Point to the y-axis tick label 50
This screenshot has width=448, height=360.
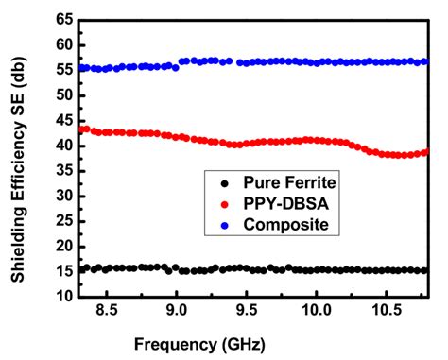(63, 94)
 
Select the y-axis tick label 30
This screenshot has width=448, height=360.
(63, 196)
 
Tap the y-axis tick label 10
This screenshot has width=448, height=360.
(63, 296)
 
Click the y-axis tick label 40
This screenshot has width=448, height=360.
(63, 146)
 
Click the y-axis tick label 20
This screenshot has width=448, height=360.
(63, 246)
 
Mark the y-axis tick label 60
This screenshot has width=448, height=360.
(63, 44)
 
